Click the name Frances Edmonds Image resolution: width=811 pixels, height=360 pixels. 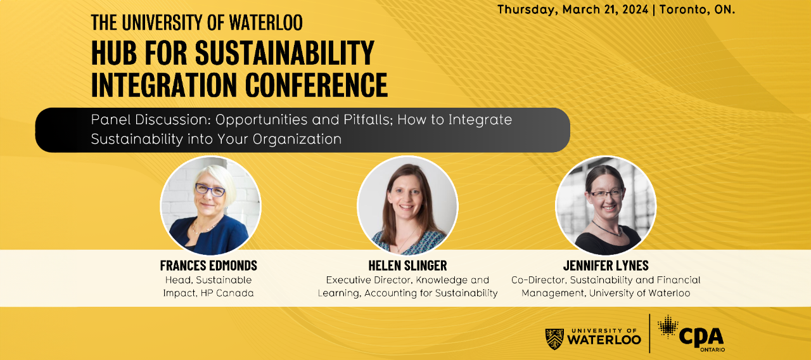208,266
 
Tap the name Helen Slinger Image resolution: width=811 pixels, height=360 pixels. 407,266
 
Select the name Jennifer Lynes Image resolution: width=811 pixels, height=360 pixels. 606,266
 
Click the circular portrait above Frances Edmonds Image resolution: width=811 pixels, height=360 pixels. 210,206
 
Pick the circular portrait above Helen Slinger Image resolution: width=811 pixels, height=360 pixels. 407,206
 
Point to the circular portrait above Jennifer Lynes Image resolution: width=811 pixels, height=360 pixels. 606,206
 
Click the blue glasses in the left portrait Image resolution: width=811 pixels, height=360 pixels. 210,190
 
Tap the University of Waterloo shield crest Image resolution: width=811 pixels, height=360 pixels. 554,339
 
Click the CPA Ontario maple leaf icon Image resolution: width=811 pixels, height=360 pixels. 668,326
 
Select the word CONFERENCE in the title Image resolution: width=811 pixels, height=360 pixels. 316,85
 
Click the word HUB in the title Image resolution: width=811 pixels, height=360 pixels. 114,53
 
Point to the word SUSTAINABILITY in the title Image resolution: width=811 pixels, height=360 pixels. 284,53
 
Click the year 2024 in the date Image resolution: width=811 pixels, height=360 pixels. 635,10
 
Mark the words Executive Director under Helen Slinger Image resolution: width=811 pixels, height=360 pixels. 369,280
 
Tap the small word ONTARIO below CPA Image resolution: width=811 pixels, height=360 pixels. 712,349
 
